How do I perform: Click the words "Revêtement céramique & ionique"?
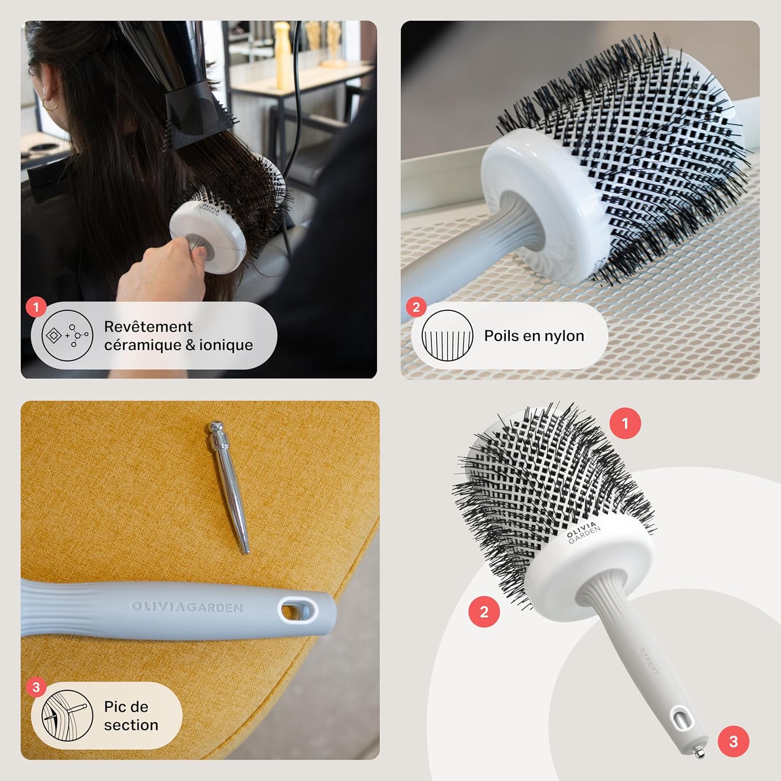[178, 336]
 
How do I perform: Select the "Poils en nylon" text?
[534, 336]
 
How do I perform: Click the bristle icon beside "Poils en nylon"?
[447, 336]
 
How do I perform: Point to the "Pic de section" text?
[131, 716]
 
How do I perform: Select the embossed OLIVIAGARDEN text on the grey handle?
[186, 607]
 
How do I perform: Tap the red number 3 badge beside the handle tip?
[733, 741]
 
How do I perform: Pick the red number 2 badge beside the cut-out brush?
[484, 611]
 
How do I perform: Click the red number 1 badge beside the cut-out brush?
[625, 423]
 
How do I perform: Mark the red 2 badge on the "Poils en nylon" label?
[415, 307]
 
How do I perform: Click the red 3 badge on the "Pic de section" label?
[35, 687]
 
